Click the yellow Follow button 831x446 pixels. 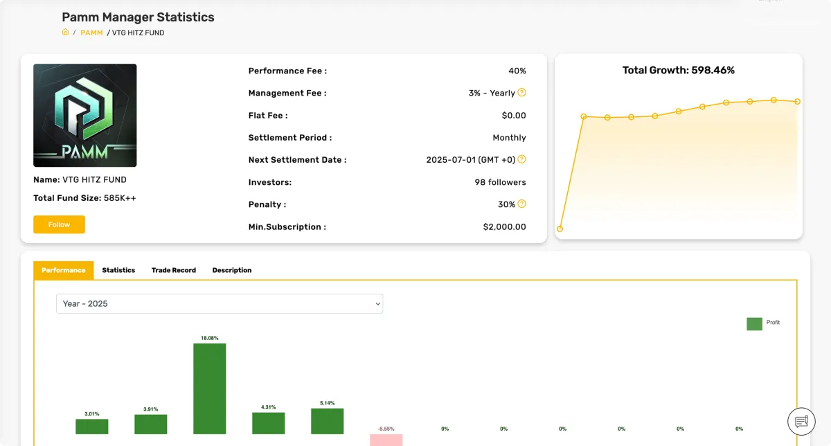(59, 224)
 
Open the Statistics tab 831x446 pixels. (118, 270)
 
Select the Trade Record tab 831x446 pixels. (174, 270)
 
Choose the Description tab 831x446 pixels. (232, 270)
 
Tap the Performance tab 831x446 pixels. (63, 270)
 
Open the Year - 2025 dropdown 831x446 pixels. (219, 303)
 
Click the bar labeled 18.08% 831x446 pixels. (209, 388)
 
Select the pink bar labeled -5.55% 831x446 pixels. (386, 440)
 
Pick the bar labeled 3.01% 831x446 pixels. (91, 427)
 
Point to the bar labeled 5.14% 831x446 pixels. (327, 421)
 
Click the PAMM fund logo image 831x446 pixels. (85, 115)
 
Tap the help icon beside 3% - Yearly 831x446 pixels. (522, 93)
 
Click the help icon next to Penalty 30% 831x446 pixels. (522, 204)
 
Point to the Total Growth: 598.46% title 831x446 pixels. (678, 70)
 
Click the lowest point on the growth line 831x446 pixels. (560, 229)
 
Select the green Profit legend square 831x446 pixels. (754, 323)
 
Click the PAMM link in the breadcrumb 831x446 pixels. (91, 33)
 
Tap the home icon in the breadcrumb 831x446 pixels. (66, 32)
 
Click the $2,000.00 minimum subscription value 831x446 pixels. (504, 226)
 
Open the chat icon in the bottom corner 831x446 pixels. (802, 421)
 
